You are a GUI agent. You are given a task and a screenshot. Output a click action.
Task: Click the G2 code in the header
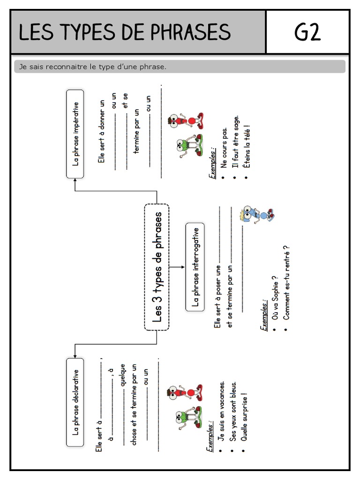tap(307, 32)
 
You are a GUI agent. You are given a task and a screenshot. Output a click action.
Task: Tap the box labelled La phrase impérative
tap(75, 134)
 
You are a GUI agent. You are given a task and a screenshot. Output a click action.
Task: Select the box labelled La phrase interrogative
tap(195, 267)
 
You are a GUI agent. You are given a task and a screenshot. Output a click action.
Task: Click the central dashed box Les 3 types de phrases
tap(157, 267)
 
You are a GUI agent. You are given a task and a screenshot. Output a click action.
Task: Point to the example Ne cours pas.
tap(224, 148)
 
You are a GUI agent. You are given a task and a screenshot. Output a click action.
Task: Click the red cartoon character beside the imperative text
tap(186, 121)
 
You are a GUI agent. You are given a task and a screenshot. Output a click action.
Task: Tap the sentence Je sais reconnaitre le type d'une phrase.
tap(93, 67)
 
